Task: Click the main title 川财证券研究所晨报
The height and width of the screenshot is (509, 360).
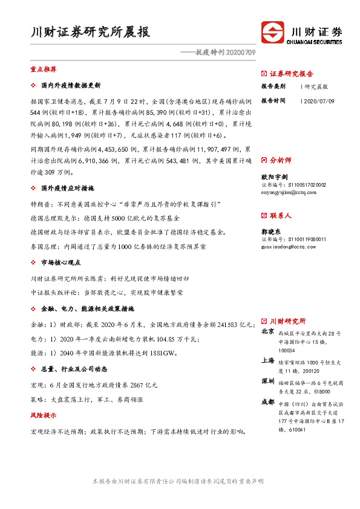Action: pos(90,32)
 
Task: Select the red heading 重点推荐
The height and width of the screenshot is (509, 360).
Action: pos(43,70)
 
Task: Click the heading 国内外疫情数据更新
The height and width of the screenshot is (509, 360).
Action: pos(71,85)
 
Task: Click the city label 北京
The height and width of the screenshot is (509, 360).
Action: pos(267,332)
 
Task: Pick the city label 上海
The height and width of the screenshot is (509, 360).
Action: pos(267,360)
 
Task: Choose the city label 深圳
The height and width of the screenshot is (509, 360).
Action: pos(267,382)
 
